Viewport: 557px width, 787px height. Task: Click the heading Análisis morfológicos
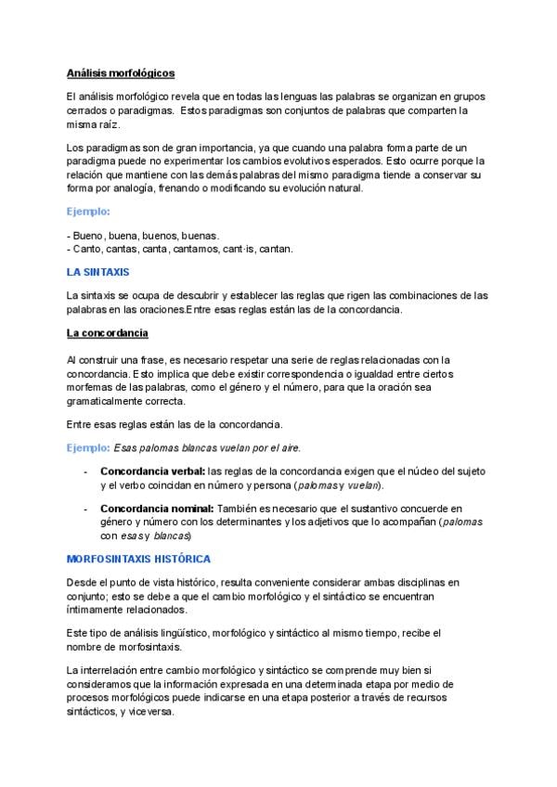coord(121,72)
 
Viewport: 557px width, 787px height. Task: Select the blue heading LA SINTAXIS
coord(98,272)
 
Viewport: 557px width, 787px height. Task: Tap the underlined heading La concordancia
coord(108,333)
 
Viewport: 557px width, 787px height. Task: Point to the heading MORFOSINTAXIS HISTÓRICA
coord(138,560)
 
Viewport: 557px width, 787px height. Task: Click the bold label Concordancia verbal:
coord(153,471)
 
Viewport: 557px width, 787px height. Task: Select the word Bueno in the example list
coord(88,236)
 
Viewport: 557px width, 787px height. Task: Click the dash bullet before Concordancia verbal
coord(86,471)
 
